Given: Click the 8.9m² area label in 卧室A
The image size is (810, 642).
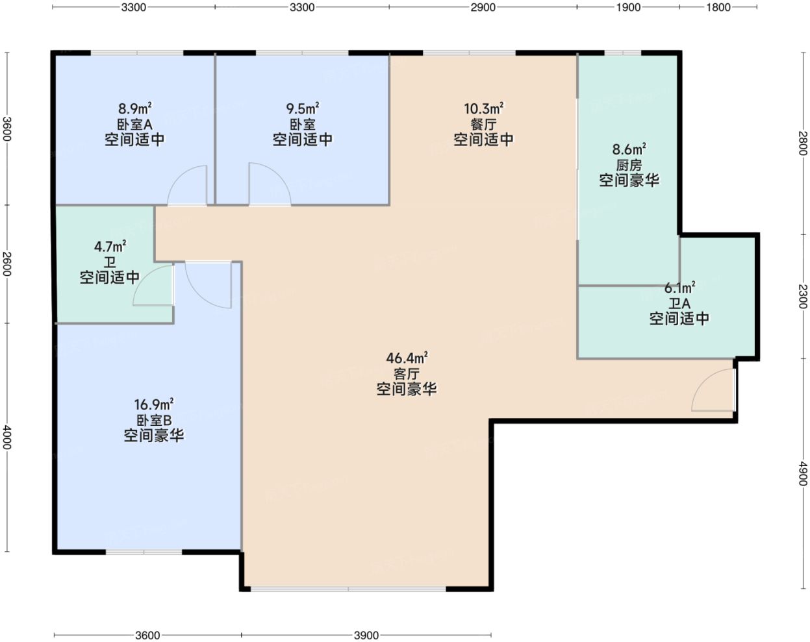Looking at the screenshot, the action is point(134,108).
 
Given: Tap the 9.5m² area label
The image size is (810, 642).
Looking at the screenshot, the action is point(303,108).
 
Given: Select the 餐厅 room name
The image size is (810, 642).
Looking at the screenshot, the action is point(483,124).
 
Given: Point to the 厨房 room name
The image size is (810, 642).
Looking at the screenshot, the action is point(629,165).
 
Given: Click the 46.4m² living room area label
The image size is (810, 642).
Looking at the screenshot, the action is point(407,358).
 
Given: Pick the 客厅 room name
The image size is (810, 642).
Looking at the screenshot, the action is point(407,374).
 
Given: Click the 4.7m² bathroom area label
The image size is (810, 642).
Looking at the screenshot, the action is point(110,247).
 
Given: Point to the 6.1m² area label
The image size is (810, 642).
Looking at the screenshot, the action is point(679,288).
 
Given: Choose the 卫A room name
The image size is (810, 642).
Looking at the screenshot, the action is point(679,304).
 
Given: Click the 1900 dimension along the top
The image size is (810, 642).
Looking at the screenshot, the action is point(628,7).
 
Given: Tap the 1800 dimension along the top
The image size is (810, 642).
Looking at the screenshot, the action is point(718,7).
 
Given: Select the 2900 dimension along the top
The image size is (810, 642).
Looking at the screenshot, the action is point(483,7).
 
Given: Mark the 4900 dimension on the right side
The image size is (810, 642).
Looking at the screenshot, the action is point(803,474).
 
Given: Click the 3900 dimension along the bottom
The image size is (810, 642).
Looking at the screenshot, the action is point(366,636).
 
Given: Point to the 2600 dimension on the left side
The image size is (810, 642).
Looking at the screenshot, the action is point(6,264).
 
